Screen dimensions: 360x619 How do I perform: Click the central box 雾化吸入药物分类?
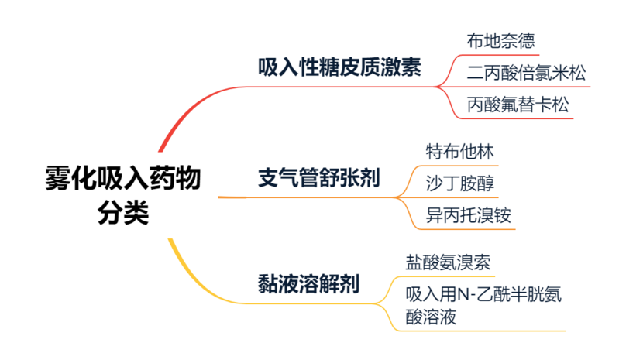[123, 195]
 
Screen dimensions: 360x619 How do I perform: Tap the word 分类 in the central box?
[123, 213]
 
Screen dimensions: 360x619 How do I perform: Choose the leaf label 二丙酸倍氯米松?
[526, 74]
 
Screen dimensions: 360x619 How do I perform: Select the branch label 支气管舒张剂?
[318, 179]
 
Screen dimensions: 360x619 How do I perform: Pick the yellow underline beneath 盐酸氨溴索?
[449, 277]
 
